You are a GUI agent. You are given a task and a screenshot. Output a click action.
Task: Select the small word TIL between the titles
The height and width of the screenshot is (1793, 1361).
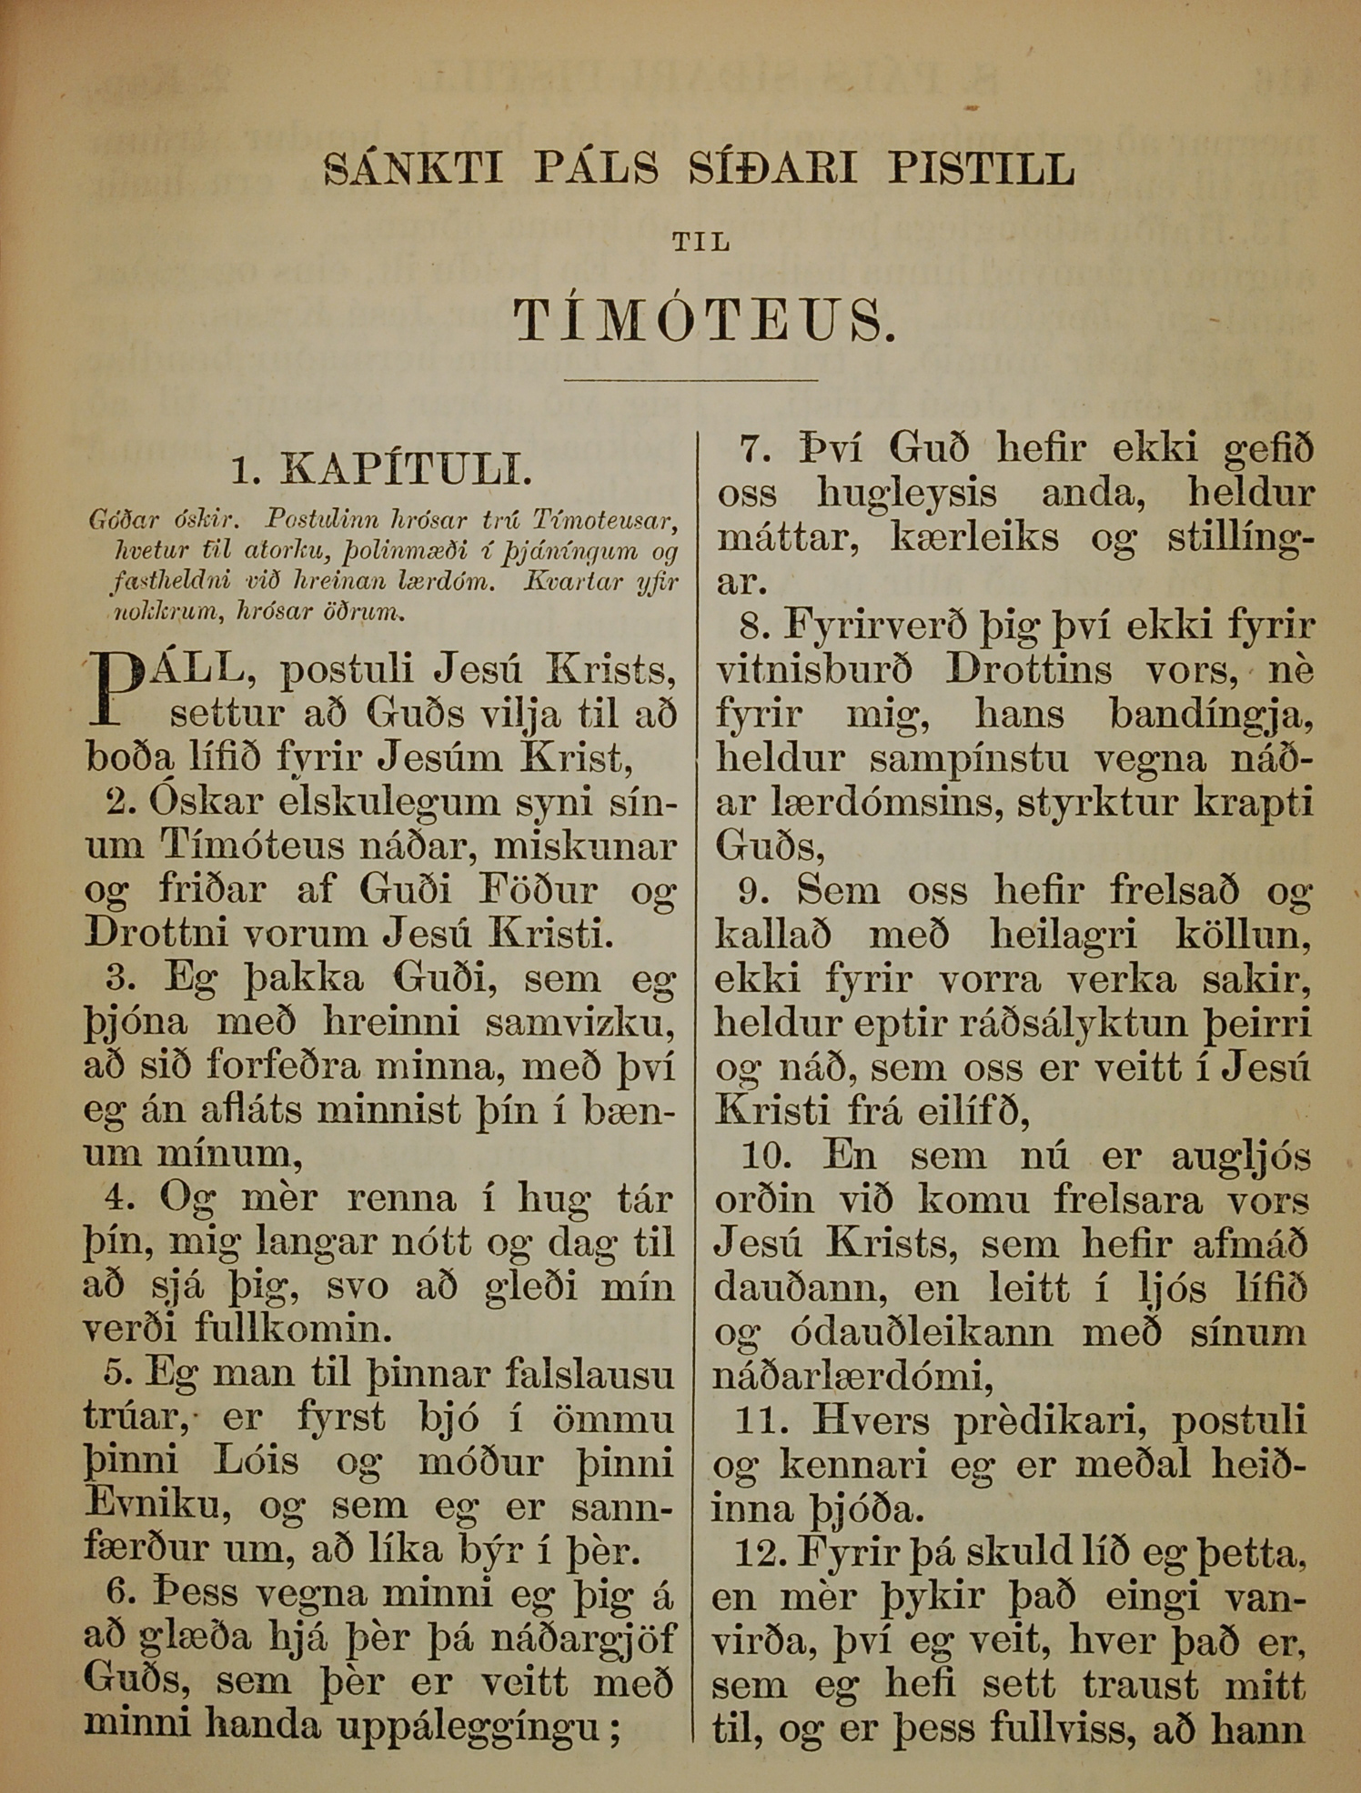701,243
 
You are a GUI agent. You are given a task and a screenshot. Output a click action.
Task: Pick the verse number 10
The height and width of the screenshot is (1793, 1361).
765,1156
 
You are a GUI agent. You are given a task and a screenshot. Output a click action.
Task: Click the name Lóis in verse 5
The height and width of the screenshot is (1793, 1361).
257,1462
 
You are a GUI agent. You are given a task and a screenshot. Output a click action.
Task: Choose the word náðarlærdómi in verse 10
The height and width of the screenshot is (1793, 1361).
852,1377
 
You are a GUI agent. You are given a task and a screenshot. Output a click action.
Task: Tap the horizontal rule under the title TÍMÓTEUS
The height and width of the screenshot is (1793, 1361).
691,379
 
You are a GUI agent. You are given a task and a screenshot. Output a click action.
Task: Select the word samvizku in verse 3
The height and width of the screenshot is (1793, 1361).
579,1024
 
